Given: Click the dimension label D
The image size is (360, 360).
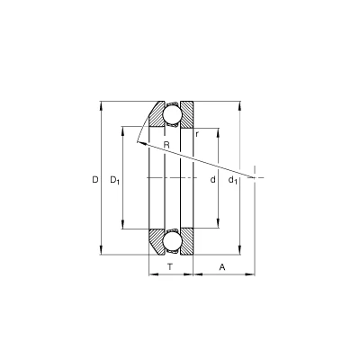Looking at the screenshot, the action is click(x=95, y=180).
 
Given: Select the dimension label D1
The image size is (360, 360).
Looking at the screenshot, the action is click(x=115, y=180).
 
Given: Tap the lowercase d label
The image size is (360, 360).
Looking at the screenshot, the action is click(x=212, y=180).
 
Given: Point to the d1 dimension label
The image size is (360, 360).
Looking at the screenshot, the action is click(x=233, y=180).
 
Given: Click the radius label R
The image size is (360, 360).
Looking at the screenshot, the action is click(x=166, y=145).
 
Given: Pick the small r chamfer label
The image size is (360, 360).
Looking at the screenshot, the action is click(x=197, y=134).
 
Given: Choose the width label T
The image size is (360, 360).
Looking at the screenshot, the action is click(x=170, y=266).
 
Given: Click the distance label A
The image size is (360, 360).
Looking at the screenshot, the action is click(x=222, y=266).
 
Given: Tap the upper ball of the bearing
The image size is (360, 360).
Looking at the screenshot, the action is click(x=172, y=114).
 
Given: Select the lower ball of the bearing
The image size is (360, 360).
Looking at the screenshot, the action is click(x=172, y=242).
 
